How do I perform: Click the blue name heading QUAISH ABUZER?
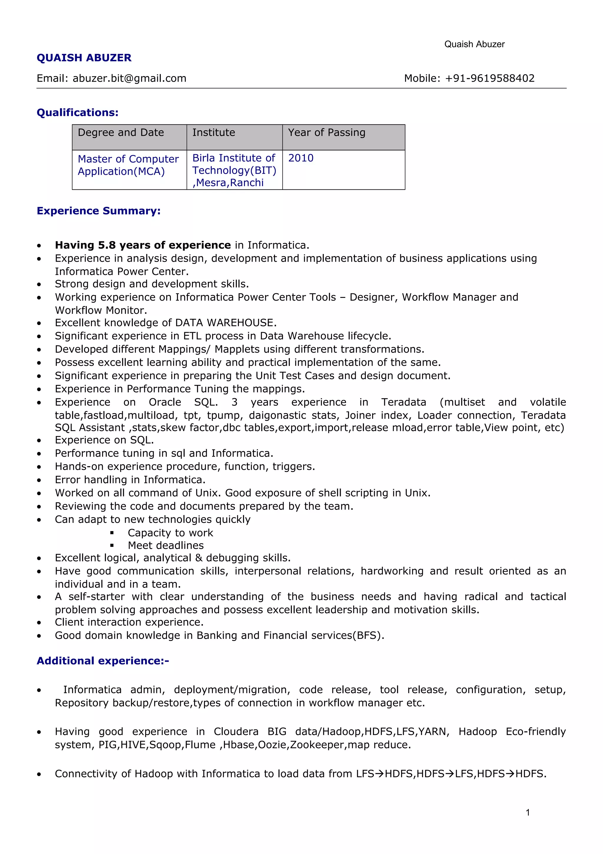84,58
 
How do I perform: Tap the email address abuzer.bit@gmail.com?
129,78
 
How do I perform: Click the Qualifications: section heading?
77,112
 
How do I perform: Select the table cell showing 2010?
301,158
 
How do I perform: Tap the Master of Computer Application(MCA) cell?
128,165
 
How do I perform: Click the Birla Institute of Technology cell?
234,170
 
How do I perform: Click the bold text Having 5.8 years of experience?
143,245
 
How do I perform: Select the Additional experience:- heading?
102,661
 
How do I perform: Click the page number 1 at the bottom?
528,812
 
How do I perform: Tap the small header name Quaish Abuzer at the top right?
474,44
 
